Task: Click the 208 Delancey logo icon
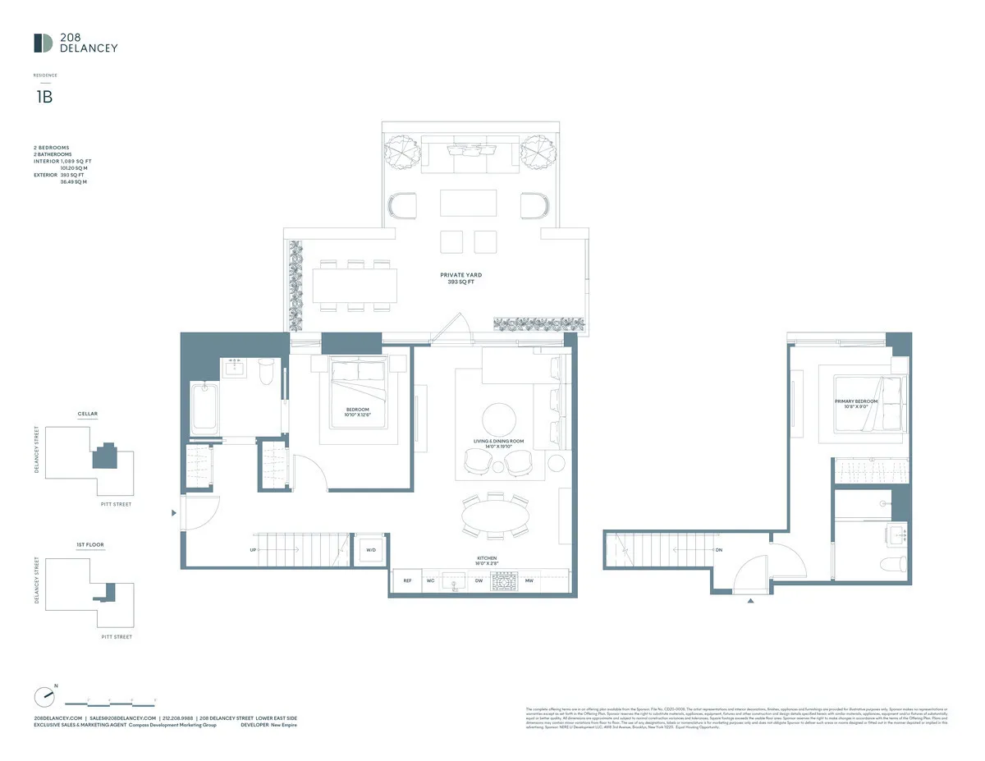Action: click(x=44, y=43)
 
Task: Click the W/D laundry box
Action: click(x=371, y=550)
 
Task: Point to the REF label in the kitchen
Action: click(x=407, y=581)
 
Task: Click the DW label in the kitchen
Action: click(x=479, y=581)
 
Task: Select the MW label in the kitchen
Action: click(x=529, y=581)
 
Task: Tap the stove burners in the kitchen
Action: click(x=503, y=581)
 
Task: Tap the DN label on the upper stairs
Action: click(x=718, y=550)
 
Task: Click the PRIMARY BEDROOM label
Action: click(x=856, y=402)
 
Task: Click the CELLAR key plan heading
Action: click(x=88, y=415)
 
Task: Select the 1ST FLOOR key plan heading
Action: click(x=90, y=544)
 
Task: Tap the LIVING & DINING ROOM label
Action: click(x=498, y=442)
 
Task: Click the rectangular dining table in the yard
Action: click(x=355, y=286)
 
